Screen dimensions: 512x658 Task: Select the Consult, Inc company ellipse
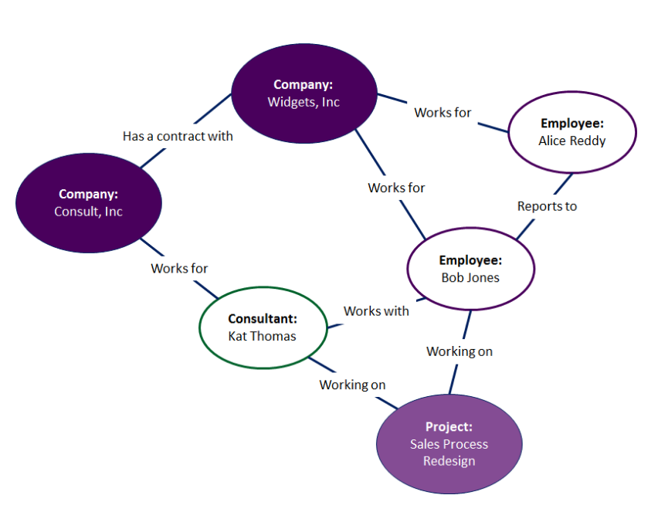pos(89,202)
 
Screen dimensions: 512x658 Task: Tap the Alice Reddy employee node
pos(572,132)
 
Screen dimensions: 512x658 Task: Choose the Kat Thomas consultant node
pos(263,327)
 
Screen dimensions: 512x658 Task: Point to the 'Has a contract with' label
pos(178,136)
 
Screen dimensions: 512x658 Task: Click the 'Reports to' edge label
pos(547,206)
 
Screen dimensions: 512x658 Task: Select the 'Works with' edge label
pos(376,310)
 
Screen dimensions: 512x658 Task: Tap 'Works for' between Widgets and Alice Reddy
pos(443,112)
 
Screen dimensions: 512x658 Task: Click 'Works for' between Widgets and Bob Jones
pos(396,188)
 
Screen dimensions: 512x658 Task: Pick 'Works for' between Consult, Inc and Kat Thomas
pos(179,268)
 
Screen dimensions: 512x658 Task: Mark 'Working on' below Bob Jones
pos(460,351)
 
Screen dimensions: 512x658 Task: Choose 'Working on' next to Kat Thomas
pos(352,385)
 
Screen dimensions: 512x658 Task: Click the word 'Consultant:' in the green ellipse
pos(263,319)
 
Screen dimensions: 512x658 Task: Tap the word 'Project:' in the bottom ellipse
pos(449,427)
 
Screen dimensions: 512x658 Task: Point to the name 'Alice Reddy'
pos(572,141)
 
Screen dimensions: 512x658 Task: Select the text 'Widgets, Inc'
pos(304,101)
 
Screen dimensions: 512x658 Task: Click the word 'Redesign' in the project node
pos(449,461)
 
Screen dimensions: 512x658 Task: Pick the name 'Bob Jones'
pos(470,277)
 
